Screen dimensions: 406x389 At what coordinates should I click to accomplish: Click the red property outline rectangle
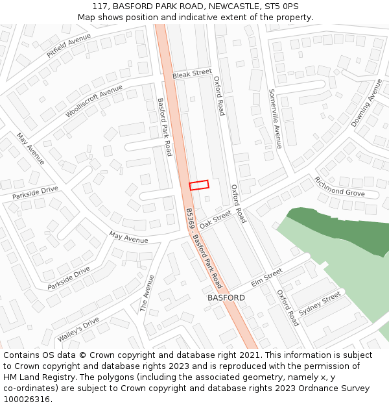click(x=199, y=185)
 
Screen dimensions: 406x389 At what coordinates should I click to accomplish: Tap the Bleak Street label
click(x=192, y=75)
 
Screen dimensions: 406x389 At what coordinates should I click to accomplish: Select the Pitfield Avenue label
click(x=69, y=46)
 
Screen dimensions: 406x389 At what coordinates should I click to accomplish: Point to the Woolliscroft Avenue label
click(x=93, y=101)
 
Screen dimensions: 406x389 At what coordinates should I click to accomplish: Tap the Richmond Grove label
click(x=339, y=186)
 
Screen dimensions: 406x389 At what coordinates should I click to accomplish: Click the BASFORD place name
click(x=226, y=298)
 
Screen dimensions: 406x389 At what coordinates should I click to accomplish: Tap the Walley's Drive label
click(x=78, y=329)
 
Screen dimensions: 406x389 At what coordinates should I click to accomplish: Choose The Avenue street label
click(x=148, y=293)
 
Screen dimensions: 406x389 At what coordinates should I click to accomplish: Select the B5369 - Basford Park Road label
click(x=204, y=248)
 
